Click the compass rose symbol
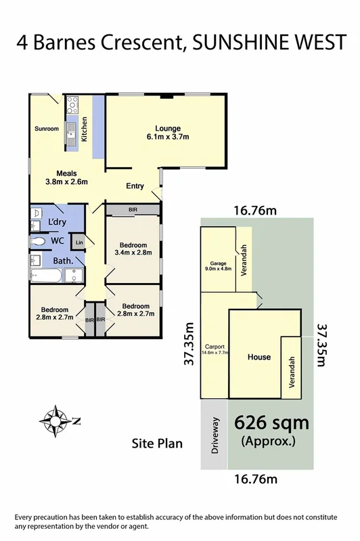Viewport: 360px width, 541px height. (53, 420)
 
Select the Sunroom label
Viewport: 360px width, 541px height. (47, 129)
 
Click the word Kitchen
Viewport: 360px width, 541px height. (85, 129)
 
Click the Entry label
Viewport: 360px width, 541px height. (136, 187)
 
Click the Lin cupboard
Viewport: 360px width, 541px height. (79, 242)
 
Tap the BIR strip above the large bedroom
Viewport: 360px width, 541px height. (132, 211)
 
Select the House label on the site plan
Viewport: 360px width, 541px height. (258, 357)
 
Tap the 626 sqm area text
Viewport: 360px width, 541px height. (271, 425)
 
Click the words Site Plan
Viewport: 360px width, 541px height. (156, 444)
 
